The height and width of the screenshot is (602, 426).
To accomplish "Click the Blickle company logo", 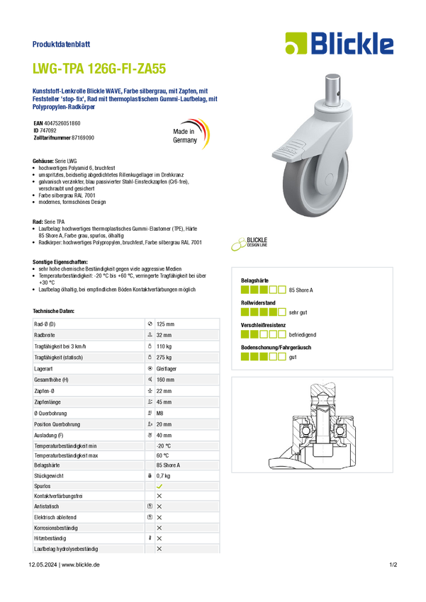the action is click(x=340, y=43).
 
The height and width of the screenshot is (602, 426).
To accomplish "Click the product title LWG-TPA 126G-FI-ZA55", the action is click(x=99, y=69).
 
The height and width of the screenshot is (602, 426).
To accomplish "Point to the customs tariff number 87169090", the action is click(x=83, y=137).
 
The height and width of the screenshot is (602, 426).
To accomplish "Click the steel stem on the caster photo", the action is click(x=333, y=89).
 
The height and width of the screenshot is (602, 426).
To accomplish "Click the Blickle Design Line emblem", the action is click(x=249, y=244).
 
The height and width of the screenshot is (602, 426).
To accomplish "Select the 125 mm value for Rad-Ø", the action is click(x=165, y=324).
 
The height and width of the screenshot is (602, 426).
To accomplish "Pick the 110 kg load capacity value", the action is click(x=164, y=346).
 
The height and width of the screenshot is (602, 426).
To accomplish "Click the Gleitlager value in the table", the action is click(x=167, y=368).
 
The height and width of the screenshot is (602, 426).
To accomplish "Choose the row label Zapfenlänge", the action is click(x=47, y=402).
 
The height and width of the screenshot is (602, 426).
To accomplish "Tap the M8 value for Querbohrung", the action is click(x=159, y=413).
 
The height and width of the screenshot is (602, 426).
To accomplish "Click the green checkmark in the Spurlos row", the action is click(x=159, y=486).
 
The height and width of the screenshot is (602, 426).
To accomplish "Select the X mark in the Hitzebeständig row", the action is click(x=159, y=538).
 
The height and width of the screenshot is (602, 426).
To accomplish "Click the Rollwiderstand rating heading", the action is click(x=258, y=303).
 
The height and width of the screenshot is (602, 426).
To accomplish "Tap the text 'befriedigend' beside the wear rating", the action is click(x=302, y=335).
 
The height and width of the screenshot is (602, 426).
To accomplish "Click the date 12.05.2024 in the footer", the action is click(x=43, y=564).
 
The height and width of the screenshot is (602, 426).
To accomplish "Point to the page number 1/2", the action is click(x=393, y=564).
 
